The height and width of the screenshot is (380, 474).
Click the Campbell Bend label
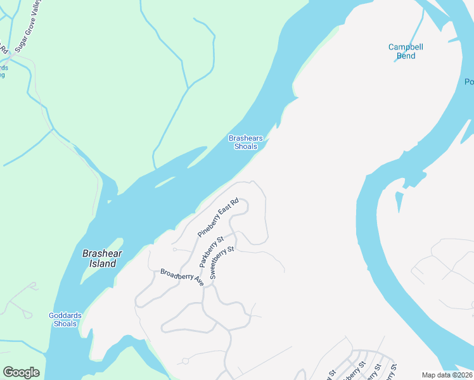pyautogui.click(x=406, y=51)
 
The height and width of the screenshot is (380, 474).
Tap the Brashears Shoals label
pyautogui.click(x=246, y=142)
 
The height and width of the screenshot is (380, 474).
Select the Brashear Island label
pyautogui.click(x=101, y=258)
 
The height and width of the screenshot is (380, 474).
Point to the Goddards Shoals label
pyautogui.click(x=63, y=320)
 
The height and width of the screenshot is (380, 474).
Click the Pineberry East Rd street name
pyautogui.click(x=217, y=218)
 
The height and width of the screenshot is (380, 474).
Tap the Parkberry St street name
pyautogui.click(x=212, y=252)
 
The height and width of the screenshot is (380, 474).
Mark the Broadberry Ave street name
pyautogui.click(x=181, y=277)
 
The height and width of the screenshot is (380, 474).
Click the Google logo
pyautogui.click(x=21, y=372)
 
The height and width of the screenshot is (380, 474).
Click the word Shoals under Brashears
pyautogui.click(x=246, y=146)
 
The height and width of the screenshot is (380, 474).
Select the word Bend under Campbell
pyautogui.click(x=406, y=56)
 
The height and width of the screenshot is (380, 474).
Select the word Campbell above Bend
pyautogui.click(x=406, y=47)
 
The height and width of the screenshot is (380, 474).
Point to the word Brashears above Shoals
pyautogui.click(x=246, y=138)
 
